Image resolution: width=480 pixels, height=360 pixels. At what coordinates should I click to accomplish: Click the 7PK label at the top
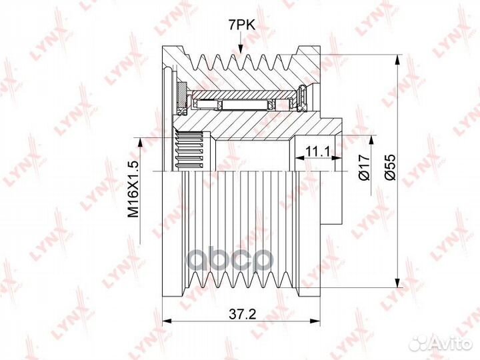click(241, 25)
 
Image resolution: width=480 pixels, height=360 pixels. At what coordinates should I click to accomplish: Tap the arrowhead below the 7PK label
click(241, 49)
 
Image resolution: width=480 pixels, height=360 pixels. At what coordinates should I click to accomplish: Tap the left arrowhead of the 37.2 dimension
click(167, 321)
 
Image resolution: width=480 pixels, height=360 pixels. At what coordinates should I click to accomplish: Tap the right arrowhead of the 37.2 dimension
click(315, 321)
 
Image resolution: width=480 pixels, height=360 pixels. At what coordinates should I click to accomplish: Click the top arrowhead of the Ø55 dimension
click(397, 60)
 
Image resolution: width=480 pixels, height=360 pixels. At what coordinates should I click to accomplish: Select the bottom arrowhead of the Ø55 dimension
click(397, 283)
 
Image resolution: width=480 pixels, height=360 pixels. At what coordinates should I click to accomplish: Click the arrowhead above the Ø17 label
click(371, 140)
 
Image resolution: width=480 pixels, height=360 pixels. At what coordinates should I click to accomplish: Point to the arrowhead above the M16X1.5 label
click(140, 143)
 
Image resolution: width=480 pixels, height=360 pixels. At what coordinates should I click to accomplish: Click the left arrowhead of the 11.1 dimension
click(299, 158)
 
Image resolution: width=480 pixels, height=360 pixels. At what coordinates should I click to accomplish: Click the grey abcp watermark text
click(229, 261)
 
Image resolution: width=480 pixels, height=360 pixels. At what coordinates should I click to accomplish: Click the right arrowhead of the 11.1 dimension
click(337, 158)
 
